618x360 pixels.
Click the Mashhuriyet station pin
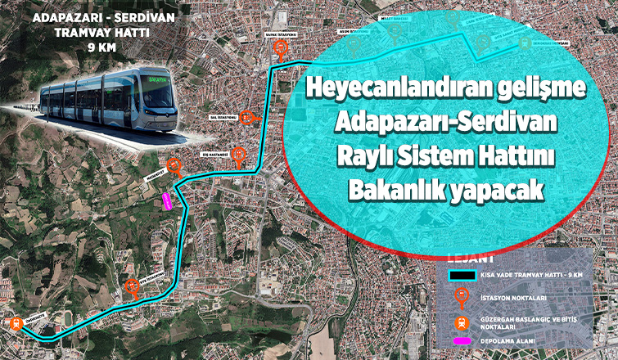[174, 167]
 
